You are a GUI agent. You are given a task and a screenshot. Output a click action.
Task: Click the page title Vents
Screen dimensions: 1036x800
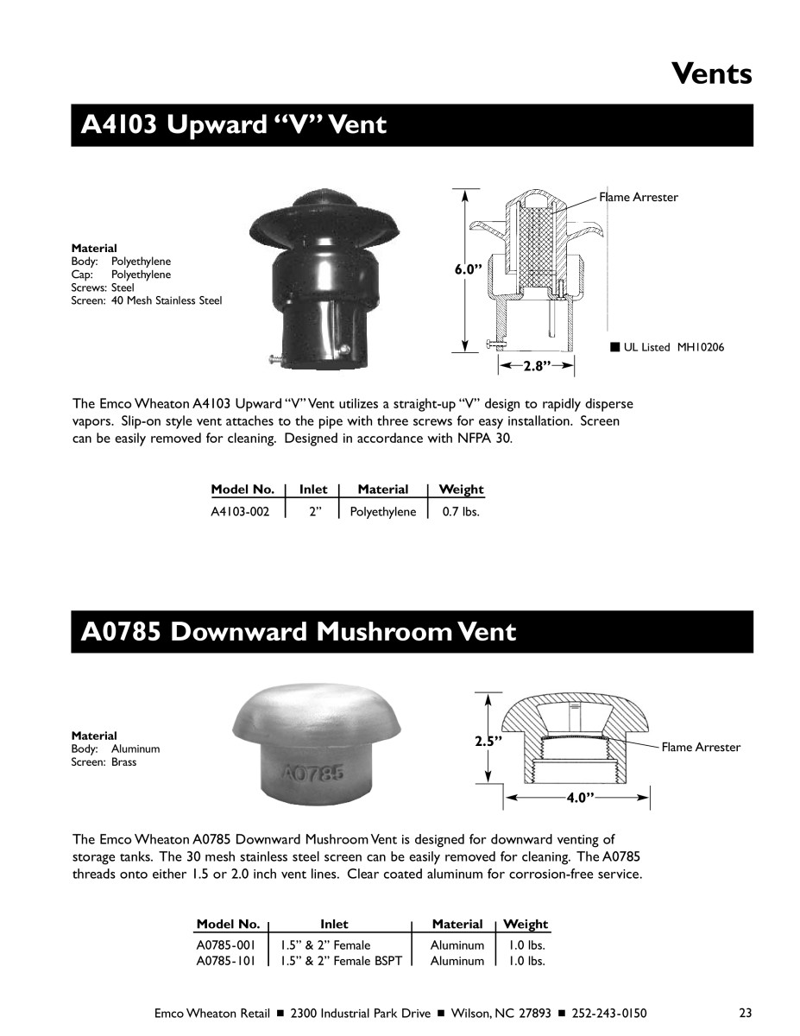(x=711, y=74)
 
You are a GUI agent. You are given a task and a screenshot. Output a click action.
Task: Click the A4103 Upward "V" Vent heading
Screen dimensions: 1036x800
(x=233, y=125)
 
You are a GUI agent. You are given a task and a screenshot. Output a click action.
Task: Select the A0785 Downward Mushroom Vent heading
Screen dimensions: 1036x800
(x=298, y=632)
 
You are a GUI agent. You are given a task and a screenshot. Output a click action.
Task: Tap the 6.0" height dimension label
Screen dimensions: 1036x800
(x=467, y=269)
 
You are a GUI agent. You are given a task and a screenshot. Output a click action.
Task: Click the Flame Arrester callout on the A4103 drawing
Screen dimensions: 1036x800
(x=639, y=197)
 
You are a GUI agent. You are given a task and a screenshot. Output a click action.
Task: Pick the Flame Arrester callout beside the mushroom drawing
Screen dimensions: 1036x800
(x=701, y=747)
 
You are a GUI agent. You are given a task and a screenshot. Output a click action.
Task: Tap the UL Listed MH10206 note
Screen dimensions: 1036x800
(x=669, y=347)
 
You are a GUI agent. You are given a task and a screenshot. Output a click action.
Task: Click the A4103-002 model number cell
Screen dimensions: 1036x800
(x=240, y=511)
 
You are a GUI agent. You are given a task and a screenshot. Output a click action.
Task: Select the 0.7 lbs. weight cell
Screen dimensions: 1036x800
(x=460, y=511)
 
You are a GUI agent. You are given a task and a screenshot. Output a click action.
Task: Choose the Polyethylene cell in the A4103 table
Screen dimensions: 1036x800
(x=383, y=511)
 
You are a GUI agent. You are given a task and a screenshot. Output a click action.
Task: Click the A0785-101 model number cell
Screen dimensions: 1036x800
(x=226, y=960)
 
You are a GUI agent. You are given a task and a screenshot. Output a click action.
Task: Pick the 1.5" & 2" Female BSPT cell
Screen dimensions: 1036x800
(x=342, y=960)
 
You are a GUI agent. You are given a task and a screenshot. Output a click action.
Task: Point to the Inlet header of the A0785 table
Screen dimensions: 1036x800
(x=334, y=924)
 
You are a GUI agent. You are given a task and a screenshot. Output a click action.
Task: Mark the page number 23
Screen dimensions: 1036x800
(x=746, y=1013)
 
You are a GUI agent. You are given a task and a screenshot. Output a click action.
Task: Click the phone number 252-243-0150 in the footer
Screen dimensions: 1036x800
(x=609, y=1013)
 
